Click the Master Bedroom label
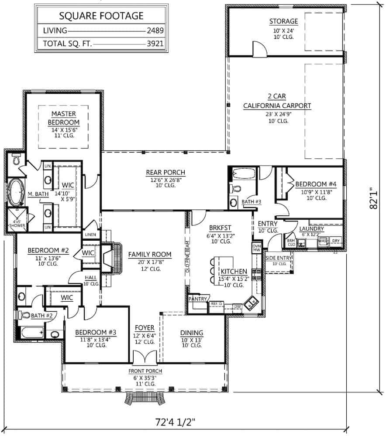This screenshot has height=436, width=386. (64, 118)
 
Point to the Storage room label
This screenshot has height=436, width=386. (283, 21)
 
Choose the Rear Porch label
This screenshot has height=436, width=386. (165, 173)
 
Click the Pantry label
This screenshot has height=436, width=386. (197, 299)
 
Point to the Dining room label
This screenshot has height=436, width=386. (192, 333)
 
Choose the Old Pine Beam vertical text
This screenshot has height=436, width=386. (187, 257)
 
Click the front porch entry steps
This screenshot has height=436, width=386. (144, 398)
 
